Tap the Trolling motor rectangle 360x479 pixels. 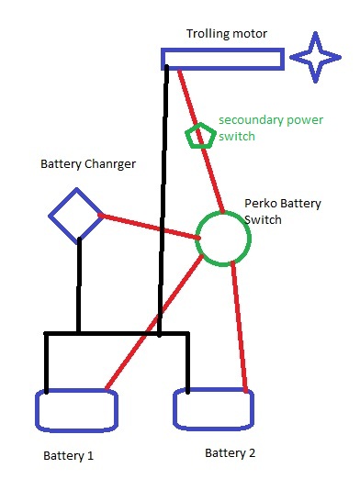pos(223,50)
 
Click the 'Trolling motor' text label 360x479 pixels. pos(227,33)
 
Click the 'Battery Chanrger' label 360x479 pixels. pos(88,164)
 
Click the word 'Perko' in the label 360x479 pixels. pos(260,203)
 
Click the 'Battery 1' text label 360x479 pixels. pos(68,456)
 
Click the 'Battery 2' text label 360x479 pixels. pos(230,453)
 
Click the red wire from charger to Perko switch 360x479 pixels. pos(149,227)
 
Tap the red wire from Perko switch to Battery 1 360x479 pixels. pos(154,322)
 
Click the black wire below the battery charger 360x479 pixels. pos(79,285)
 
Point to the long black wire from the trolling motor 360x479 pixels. pos(163,200)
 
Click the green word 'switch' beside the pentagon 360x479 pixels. pos(237,136)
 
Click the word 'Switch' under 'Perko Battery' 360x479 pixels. pos(263,219)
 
